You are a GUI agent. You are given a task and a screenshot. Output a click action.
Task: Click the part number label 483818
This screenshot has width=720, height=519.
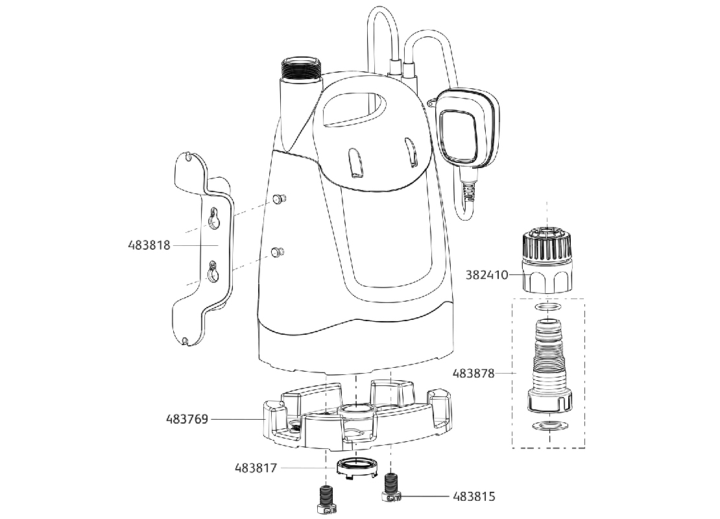[x=149, y=246]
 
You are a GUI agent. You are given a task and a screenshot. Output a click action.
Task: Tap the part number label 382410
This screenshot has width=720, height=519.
[x=486, y=274]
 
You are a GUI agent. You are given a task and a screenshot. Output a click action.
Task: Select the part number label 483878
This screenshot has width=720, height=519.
[x=474, y=374]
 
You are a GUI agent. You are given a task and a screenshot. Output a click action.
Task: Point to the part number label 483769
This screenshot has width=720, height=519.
[x=186, y=419]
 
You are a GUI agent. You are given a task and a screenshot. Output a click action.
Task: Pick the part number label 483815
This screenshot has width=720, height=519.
[x=474, y=497]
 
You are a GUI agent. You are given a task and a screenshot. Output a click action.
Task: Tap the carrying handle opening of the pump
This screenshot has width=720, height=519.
[x=354, y=107]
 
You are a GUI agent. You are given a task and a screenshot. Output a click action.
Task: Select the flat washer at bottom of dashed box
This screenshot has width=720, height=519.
[x=548, y=426]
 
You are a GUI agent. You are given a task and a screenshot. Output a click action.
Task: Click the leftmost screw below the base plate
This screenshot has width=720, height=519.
[x=324, y=501]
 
